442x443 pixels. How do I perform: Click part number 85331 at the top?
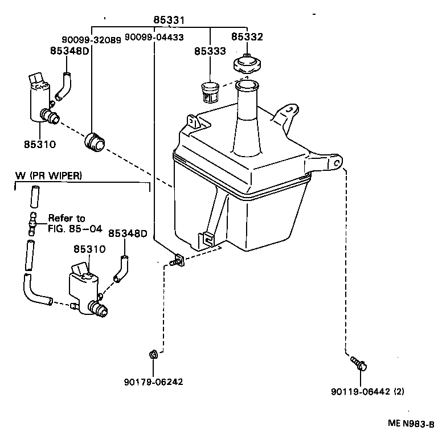pyautogui.click(x=169, y=20)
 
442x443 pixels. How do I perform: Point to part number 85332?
pyautogui.click(x=247, y=37)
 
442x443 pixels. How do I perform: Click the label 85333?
pyautogui.click(x=210, y=51)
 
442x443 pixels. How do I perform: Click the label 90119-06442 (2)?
pyautogui.click(x=367, y=392)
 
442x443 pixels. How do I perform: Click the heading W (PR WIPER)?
pyautogui.click(x=48, y=176)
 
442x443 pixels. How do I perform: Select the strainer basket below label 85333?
pyautogui.click(x=210, y=91)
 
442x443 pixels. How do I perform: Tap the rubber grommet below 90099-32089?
pyautogui.click(x=93, y=142)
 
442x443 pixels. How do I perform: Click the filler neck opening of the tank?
pyautogui.click(x=247, y=87)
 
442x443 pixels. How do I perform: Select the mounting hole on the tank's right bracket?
pyautogui.click(x=337, y=163)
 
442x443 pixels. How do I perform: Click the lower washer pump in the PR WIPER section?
pyautogui.click(x=85, y=290)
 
